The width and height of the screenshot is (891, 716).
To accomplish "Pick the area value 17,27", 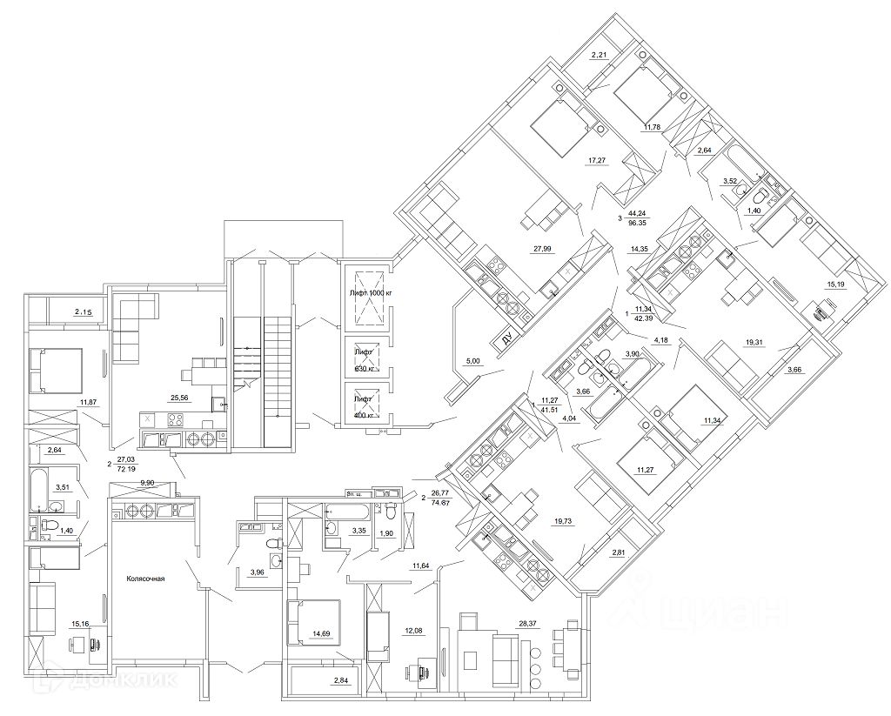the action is [598, 159].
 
